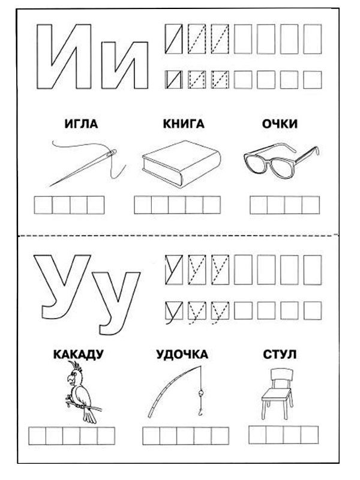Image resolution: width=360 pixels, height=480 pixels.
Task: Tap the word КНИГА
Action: click(x=183, y=124)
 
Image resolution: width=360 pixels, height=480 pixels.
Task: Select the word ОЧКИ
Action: click(x=280, y=124)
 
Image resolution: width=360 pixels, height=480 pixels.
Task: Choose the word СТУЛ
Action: click(x=280, y=354)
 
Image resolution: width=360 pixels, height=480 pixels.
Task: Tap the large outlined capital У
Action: click(x=60, y=282)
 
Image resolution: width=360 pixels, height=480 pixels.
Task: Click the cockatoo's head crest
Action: click(x=75, y=368)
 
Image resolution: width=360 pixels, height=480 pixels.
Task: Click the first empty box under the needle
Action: click(x=42, y=205)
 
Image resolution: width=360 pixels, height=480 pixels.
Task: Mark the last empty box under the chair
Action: click(x=310, y=434)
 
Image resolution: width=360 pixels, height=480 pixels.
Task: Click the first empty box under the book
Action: click(x=143, y=205)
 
